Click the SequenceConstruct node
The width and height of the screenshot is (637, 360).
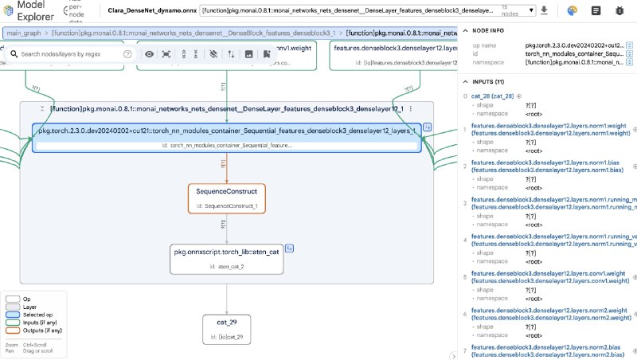[227, 198]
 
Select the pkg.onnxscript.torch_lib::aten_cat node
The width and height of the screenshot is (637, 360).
[227, 258]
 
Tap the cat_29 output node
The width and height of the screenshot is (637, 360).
[227, 328]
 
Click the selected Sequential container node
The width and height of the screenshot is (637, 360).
[227, 136]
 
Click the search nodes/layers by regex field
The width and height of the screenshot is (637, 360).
[70, 53]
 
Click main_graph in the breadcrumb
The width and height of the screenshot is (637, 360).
[24, 34]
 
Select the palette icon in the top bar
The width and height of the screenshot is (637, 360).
[573, 11]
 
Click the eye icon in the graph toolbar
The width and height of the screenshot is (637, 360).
[149, 53]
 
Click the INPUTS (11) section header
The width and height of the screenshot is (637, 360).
[487, 81]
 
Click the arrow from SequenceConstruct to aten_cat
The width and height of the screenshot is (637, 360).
[227, 229]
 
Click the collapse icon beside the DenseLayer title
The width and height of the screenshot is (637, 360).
[41, 108]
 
